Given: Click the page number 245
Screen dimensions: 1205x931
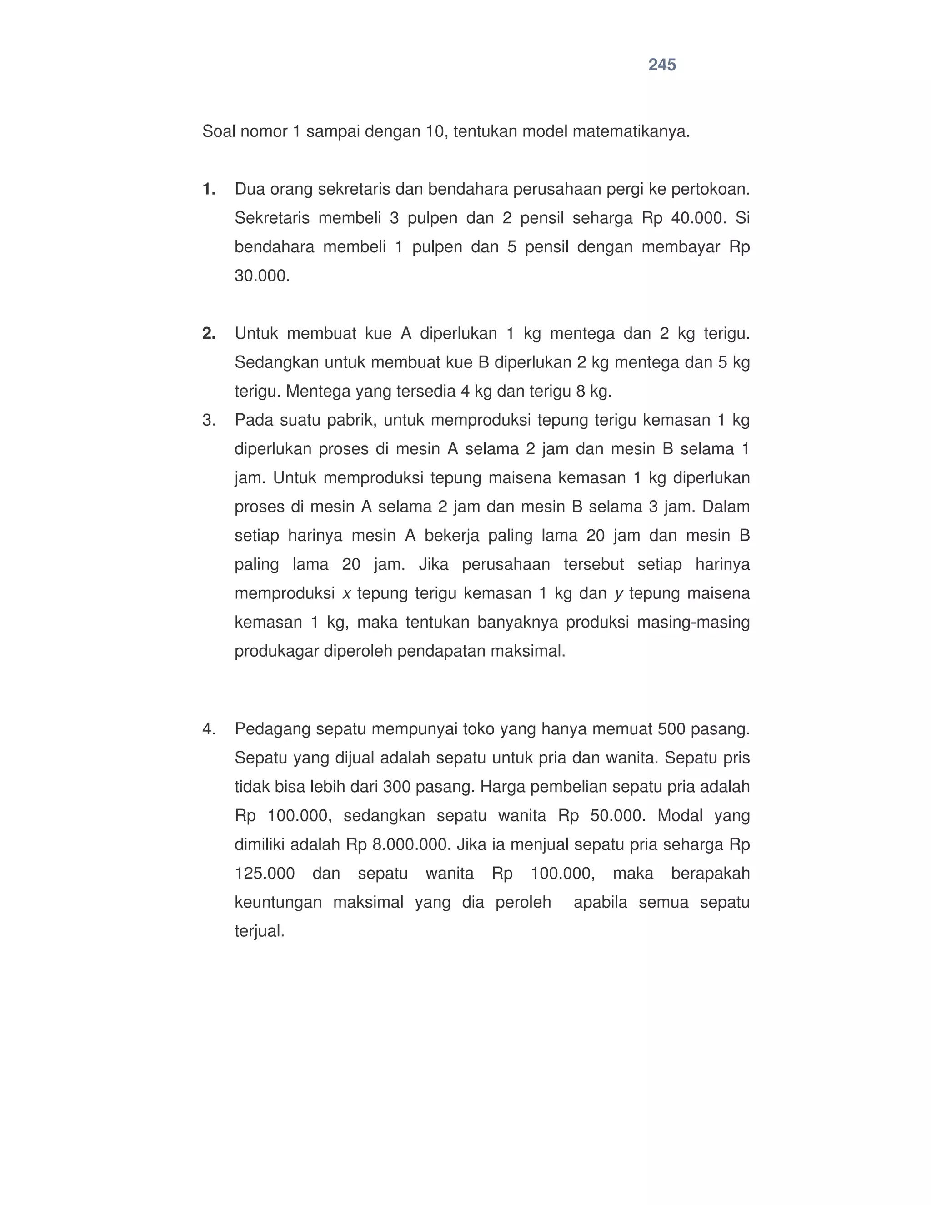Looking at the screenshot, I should coord(662,65).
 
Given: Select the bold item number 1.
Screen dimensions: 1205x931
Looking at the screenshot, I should coord(209,190).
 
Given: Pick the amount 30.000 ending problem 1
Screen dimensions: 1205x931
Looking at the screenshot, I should coord(262,276).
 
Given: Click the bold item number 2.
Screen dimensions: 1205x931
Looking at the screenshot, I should coord(209,334).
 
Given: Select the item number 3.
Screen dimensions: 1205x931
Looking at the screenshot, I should coord(209,421).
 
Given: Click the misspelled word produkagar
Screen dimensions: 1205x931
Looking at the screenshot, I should coord(276,652).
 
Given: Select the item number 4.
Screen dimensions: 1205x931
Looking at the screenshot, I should coord(209,729).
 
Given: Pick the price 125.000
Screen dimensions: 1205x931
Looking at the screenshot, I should coord(265,874).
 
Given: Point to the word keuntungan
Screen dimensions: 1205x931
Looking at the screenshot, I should coord(278,903).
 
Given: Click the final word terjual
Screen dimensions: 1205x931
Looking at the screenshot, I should coord(259,931).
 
